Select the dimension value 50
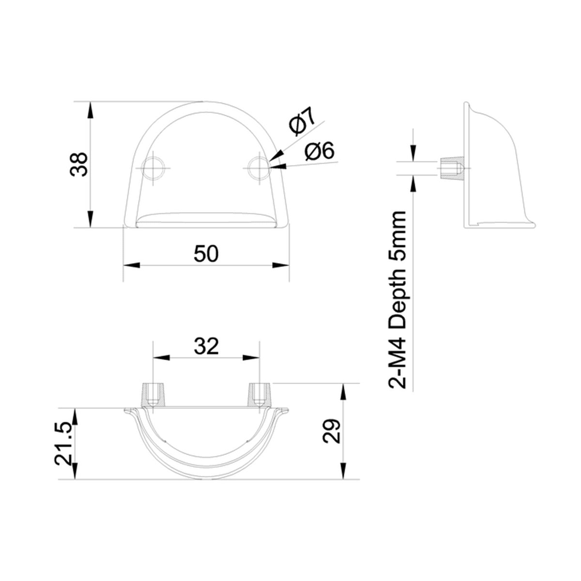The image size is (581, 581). coord(206,254)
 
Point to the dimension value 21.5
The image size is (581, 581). coord(64,443)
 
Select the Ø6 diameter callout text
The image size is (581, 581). coord(320,152)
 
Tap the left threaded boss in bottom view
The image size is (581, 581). coord(153,395)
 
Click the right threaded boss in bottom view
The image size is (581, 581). coord(260,395)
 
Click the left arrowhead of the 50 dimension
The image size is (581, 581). coord(131,265)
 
